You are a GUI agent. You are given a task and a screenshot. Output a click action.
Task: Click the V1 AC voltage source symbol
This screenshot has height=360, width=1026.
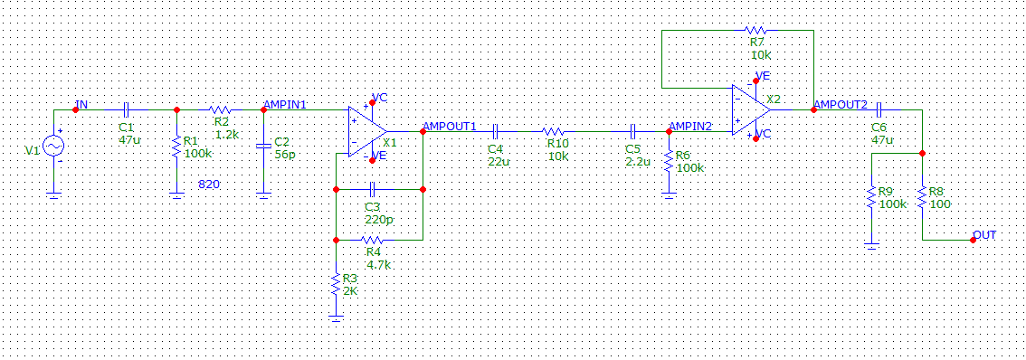click(53, 146)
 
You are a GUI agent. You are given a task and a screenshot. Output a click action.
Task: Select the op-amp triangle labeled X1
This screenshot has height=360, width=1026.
click(367, 131)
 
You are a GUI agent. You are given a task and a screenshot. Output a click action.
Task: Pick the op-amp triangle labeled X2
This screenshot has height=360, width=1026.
click(751, 110)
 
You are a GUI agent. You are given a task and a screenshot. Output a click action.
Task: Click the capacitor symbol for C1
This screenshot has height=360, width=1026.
click(127, 110)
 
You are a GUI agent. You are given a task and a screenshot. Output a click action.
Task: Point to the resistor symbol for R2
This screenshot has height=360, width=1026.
click(220, 110)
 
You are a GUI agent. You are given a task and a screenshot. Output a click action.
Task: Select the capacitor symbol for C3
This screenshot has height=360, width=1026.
click(372, 190)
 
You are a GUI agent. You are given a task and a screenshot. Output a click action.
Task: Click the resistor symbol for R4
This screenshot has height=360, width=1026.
click(372, 241)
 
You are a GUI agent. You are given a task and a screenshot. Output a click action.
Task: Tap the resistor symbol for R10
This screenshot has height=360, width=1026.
click(554, 131)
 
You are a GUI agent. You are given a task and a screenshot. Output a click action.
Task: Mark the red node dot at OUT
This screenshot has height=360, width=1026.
click(974, 241)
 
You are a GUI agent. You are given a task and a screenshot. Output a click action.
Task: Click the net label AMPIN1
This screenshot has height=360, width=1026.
click(283, 105)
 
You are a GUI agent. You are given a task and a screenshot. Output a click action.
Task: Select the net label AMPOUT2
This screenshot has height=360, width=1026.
click(841, 105)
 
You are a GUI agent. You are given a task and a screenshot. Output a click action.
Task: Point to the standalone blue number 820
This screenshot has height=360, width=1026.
click(209, 185)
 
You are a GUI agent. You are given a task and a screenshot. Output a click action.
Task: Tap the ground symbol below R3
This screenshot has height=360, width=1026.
click(336, 317)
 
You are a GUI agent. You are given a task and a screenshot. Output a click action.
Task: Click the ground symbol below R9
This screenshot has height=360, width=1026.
click(871, 245)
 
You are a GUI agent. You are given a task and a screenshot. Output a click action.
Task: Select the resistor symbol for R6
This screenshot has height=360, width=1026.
click(669, 162)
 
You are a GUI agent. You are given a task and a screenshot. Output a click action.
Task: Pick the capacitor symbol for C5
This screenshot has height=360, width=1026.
click(633, 131)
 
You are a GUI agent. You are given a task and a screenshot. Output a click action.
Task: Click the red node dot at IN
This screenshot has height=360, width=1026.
click(75, 110)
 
